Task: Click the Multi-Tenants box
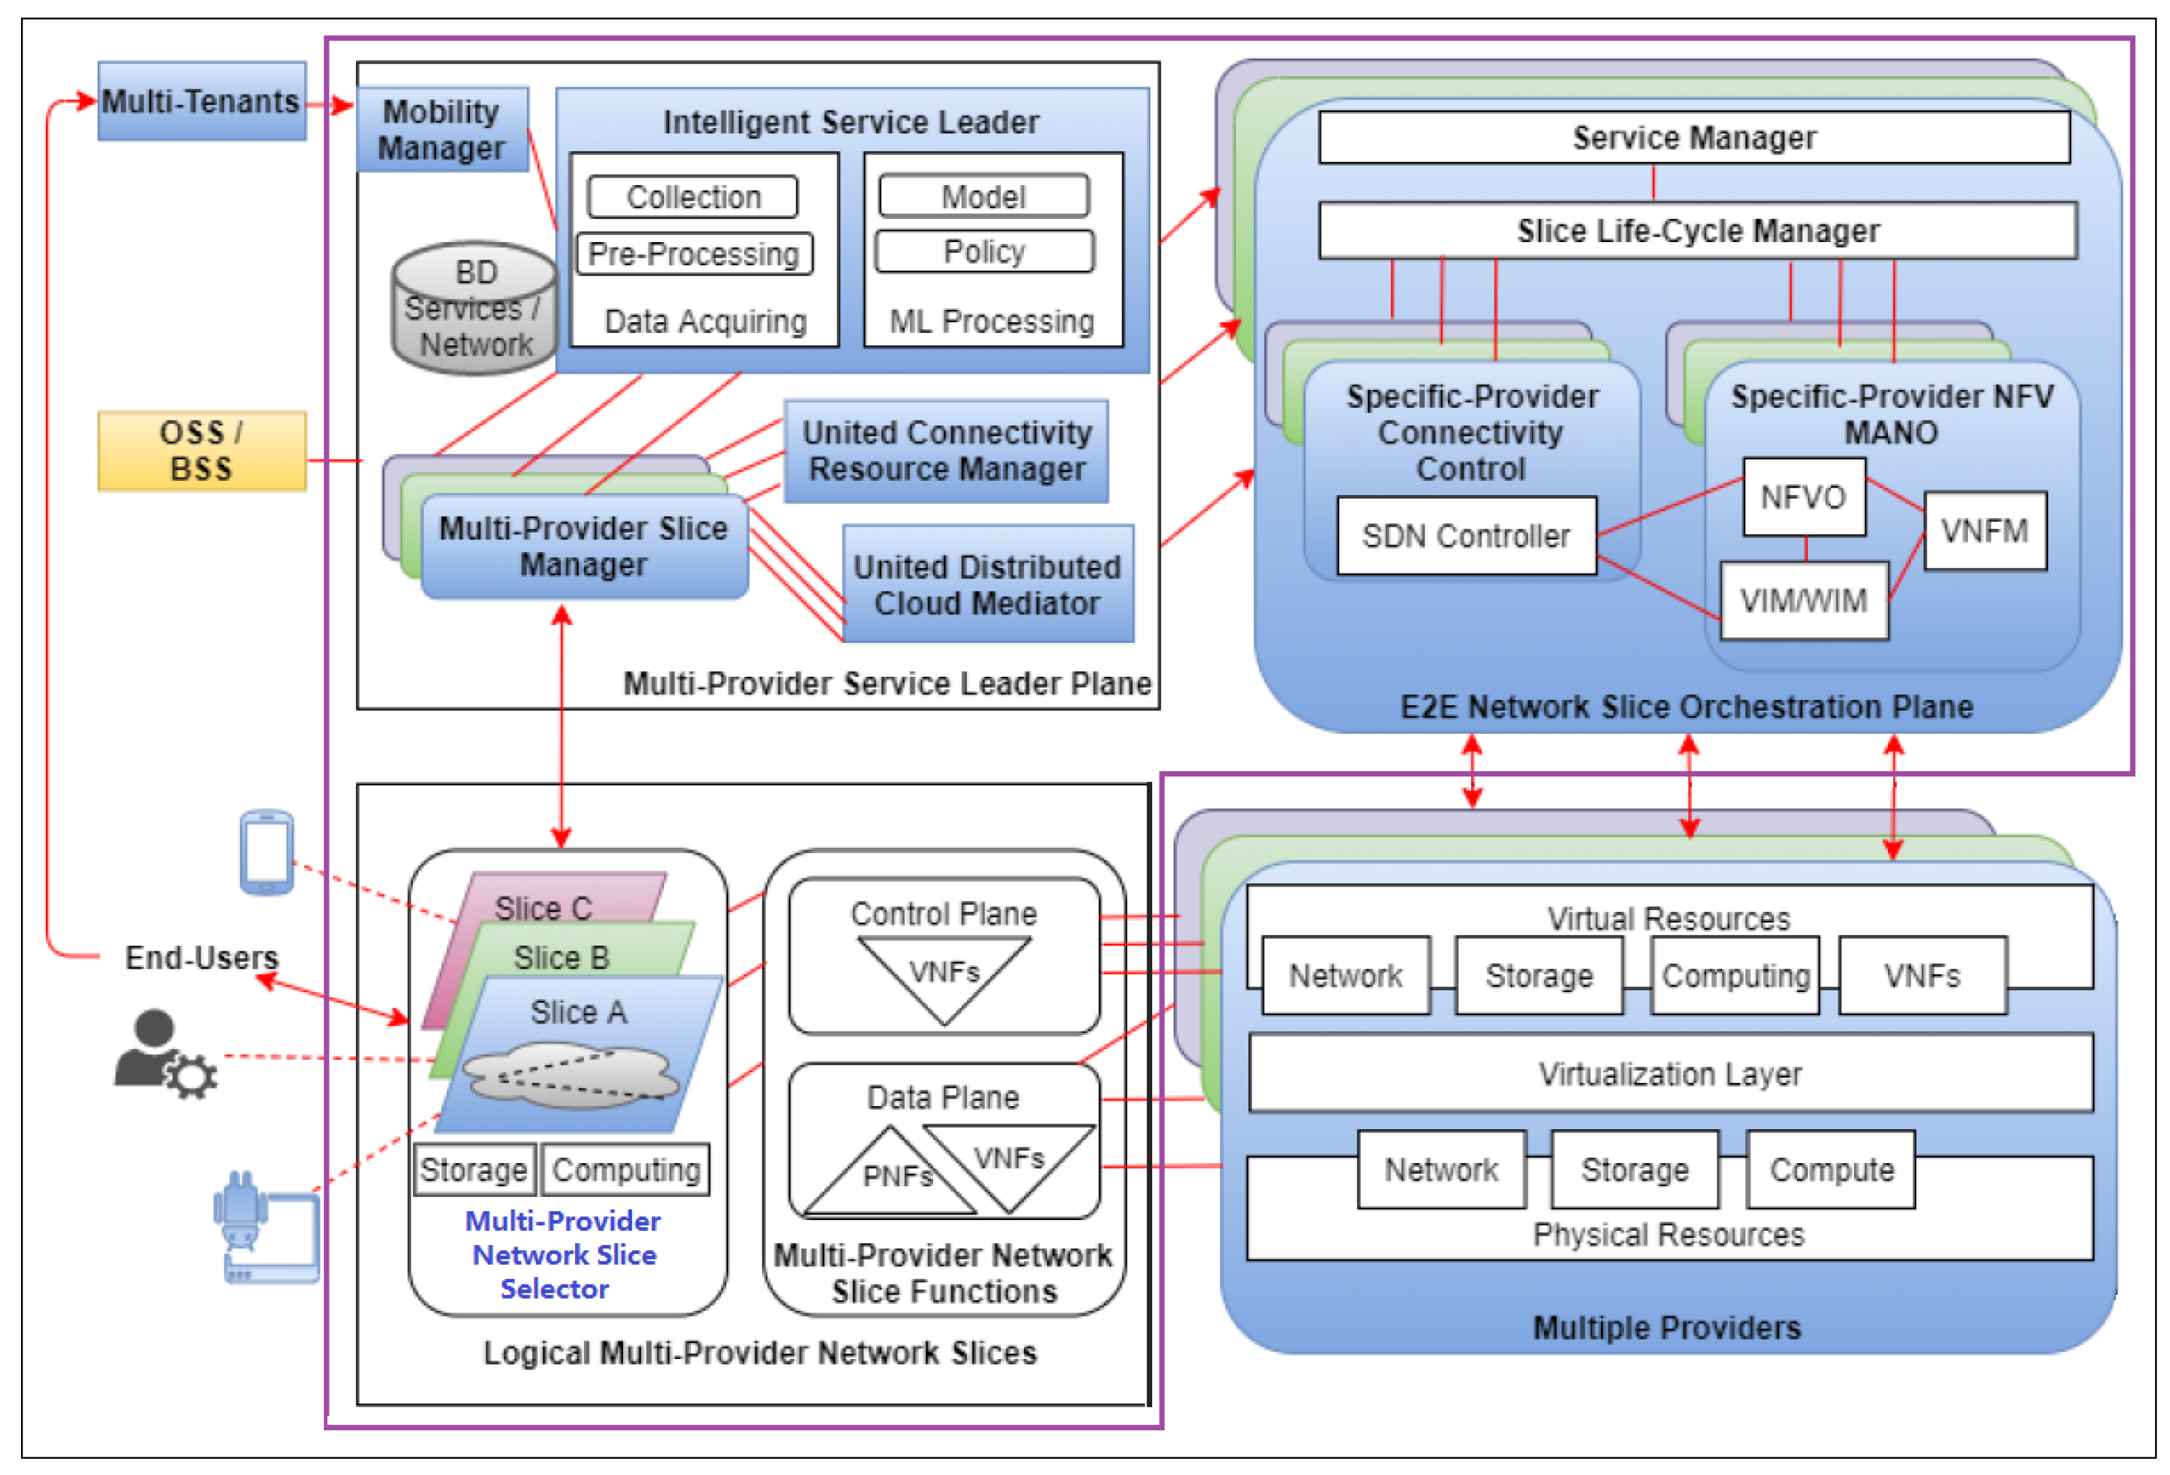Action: [201, 101]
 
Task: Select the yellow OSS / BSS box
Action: [201, 451]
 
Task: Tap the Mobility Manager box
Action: [441, 130]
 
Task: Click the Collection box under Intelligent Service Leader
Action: [693, 197]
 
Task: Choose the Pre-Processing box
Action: [694, 254]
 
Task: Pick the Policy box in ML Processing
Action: [983, 251]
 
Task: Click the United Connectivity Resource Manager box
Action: [946, 451]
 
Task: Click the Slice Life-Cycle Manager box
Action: [1697, 231]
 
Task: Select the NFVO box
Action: [1803, 496]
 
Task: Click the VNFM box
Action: [1984, 530]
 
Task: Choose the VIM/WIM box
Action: [1803, 600]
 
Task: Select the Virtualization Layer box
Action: [1670, 1073]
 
